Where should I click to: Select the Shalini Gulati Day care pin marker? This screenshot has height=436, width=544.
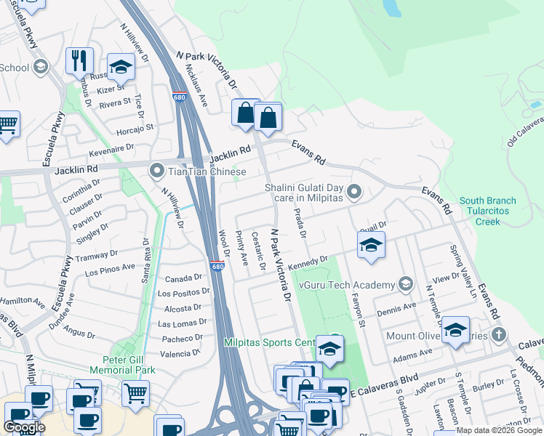click(x=354, y=193)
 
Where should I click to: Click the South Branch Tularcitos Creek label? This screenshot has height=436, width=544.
click(x=487, y=211)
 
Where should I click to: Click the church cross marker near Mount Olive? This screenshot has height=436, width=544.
click(x=498, y=335)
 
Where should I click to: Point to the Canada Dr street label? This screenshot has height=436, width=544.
click(x=183, y=278)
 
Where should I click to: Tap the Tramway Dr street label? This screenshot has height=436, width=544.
click(x=97, y=256)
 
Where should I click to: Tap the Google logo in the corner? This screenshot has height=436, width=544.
click(x=24, y=427)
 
